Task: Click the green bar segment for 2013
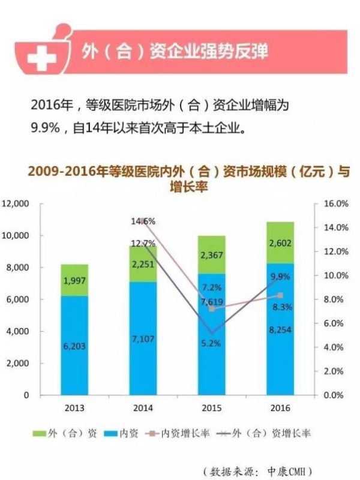pyautogui.click(x=74, y=280)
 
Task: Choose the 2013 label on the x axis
pyautogui.click(x=74, y=409)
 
